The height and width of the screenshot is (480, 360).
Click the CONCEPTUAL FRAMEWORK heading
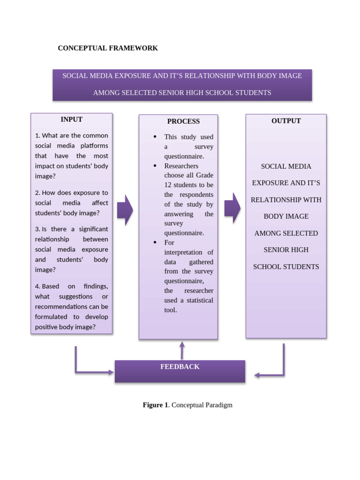coord(108,48)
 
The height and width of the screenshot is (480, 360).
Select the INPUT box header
coord(71,120)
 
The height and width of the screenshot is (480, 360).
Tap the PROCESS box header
coord(183,121)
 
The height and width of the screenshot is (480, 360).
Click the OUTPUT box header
coord(286,121)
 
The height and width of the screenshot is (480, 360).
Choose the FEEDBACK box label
coord(180,367)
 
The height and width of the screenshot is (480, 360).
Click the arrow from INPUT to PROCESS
coord(125,210)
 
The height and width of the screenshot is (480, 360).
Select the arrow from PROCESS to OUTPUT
coord(232,208)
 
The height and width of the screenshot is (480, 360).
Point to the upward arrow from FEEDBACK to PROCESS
coord(182,350)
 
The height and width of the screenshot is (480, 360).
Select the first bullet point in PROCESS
coord(155,137)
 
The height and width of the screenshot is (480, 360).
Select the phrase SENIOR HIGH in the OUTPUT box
coord(285,250)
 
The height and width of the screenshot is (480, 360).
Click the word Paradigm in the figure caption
coord(217,405)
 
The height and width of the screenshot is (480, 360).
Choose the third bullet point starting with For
coord(155,242)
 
